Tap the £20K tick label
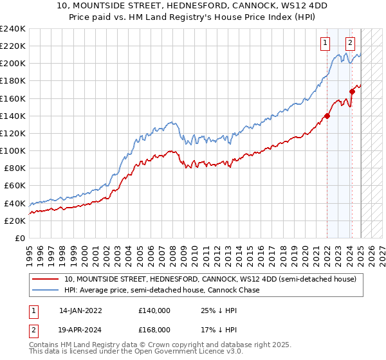click(14, 221)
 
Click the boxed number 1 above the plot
click(325, 44)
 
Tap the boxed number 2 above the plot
click(350, 44)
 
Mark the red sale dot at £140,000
click(327, 116)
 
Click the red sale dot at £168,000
click(353, 91)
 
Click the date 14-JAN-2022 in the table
click(80, 310)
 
